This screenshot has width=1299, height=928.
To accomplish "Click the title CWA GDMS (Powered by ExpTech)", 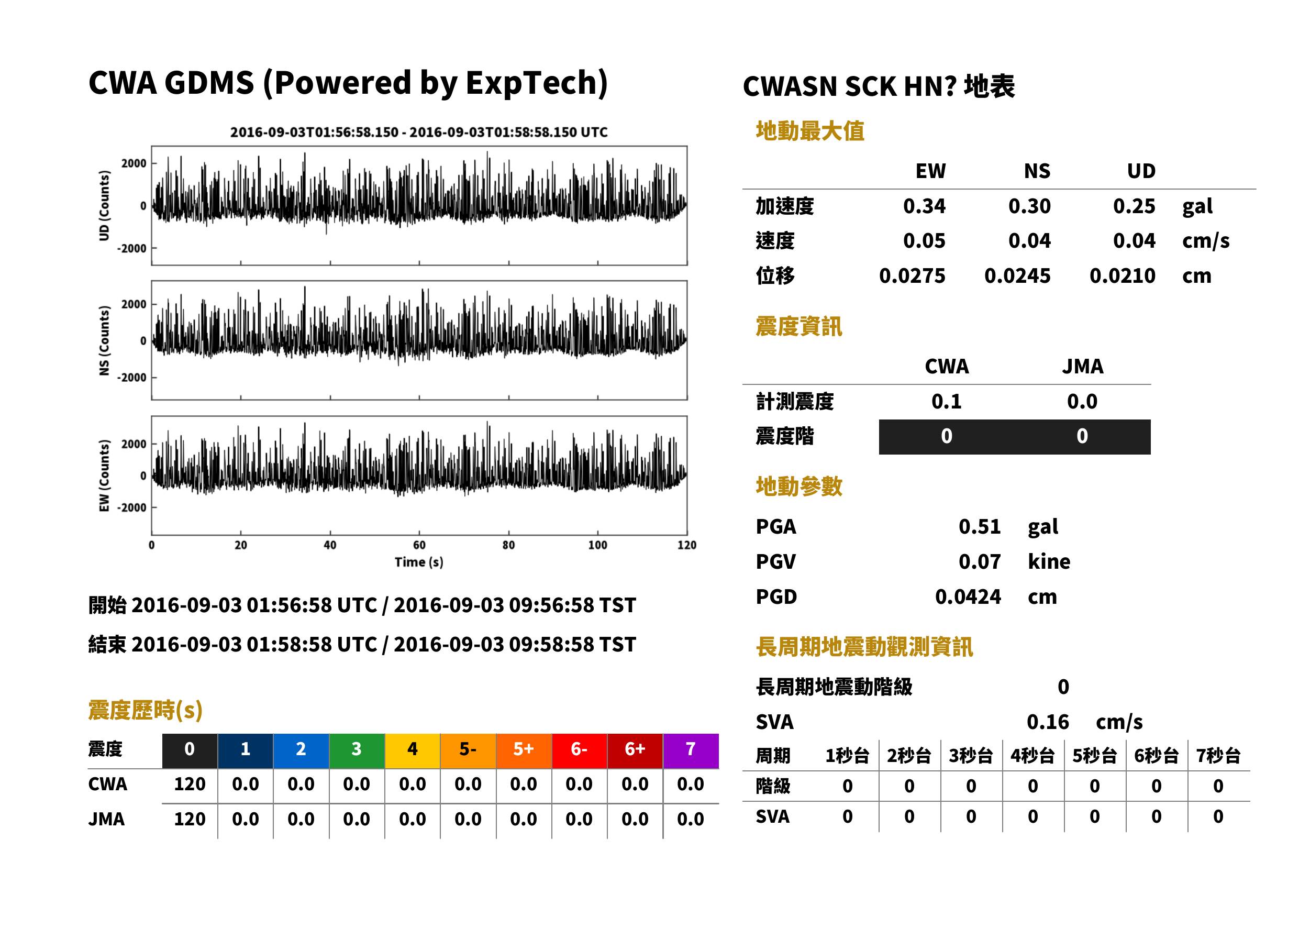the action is [x=348, y=83].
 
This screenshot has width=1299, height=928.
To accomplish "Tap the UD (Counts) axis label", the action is [x=104, y=206].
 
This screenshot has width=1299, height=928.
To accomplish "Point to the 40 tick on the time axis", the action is [x=330, y=545].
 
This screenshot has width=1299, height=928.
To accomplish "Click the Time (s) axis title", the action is [x=419, y=562].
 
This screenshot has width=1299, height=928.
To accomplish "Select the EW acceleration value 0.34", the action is [x=924, y=206].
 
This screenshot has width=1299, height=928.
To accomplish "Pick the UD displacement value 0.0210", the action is [x=1122, y=276].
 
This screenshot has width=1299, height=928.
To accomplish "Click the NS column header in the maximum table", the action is [x=1037, y=171].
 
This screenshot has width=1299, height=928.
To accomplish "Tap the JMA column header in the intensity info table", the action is [x=1082, y=366].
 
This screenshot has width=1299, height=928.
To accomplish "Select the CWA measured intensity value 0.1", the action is [x=946, y=402].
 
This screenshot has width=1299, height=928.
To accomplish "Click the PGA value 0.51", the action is [x=979, y=527].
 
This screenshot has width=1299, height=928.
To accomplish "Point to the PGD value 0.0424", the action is [x=968, y=597].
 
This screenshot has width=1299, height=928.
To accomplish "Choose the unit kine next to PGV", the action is [x=1049, y=562].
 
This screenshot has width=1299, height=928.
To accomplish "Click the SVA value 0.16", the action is [x=1047, y=722].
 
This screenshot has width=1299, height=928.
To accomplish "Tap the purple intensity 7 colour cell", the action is [x=691, y=751].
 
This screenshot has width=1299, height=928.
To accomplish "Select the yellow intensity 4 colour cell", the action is [x=413, y=751].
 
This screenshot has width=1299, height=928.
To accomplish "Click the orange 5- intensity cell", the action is [x=468, y=751].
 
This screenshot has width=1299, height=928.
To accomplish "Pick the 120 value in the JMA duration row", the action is [x=190, y=820].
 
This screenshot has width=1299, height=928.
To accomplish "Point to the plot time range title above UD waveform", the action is [x=419, y=132].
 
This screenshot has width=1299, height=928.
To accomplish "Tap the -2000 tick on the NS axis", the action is [x=132, y=378].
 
